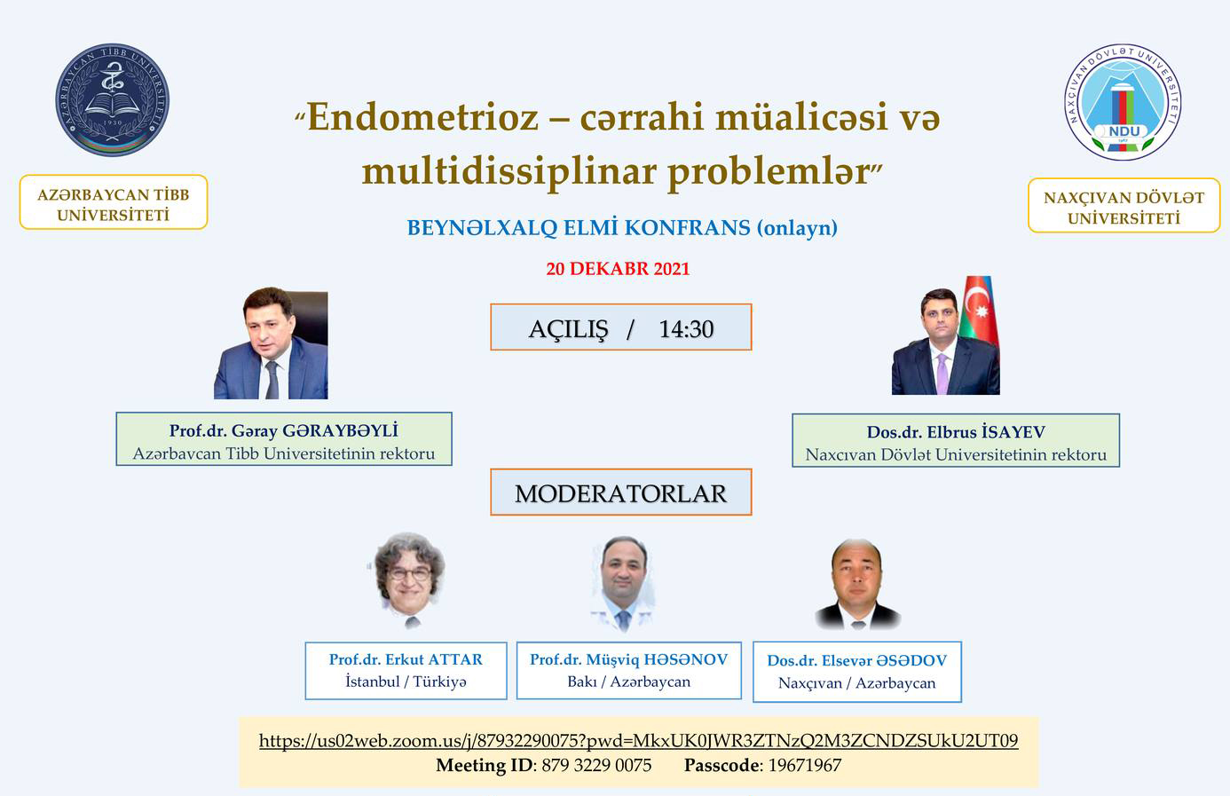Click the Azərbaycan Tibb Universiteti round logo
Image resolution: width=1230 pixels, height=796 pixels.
[x=113, y=100]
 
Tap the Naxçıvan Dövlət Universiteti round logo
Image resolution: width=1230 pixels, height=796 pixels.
[x=1123, y=101]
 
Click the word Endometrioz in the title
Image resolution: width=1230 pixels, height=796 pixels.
[x=422, y=117]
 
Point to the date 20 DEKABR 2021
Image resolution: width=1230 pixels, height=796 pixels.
[x=618, y=269]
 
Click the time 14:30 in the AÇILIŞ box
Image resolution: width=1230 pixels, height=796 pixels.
[x=686, y=329]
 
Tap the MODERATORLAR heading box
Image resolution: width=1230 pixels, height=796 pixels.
[x=621, y=493]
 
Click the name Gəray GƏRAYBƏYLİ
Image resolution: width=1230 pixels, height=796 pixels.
[x=315, y=431]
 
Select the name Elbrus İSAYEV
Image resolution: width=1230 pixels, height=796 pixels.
[x=986, y=432]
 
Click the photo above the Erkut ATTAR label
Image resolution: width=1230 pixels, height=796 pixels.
[x=408, y=579]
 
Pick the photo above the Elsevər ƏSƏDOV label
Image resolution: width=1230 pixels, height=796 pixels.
[x=856, y=584]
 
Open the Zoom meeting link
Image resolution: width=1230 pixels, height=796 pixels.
[x=639, y=741]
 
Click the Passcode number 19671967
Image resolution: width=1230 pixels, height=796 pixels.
[x=804, y=765]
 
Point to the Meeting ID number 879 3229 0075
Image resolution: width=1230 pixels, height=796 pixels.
[x=596, y=765]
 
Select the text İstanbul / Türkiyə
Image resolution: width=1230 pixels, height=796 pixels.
[x=406, y=682]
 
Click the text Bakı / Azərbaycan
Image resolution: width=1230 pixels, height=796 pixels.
[x=628, y=682]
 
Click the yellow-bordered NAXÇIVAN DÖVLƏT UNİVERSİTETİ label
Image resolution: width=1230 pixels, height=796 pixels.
[x=1124, y=205]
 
